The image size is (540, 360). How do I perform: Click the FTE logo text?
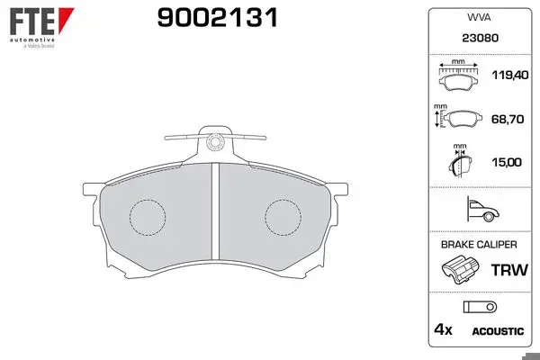tap(32, 22)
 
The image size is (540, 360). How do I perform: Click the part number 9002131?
tap(217, 18)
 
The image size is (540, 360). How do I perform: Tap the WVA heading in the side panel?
tap(479, 17)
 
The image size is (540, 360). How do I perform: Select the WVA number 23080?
tap(480, 38)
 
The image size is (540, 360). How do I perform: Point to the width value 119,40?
tap(510, 75)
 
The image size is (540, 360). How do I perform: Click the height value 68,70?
tap(508, 119)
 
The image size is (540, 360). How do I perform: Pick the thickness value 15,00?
tap(507, 162)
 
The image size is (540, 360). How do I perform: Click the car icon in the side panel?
tap(482, 209)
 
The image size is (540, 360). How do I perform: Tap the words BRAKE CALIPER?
tap(479, 245)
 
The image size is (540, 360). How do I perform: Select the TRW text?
tap(509, 270)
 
